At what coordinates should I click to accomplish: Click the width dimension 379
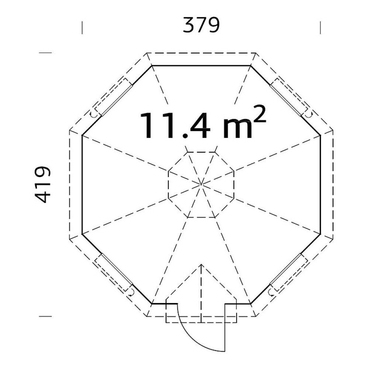201,25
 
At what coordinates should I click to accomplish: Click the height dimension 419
43,184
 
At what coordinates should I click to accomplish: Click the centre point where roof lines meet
201,184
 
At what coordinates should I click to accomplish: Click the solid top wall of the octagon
201,66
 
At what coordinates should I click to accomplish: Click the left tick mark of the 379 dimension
82,28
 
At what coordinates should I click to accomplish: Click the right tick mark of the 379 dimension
320,28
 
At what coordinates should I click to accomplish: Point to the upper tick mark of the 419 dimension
45,53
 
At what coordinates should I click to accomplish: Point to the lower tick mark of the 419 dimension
45,316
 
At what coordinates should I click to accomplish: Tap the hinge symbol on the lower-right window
272,293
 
